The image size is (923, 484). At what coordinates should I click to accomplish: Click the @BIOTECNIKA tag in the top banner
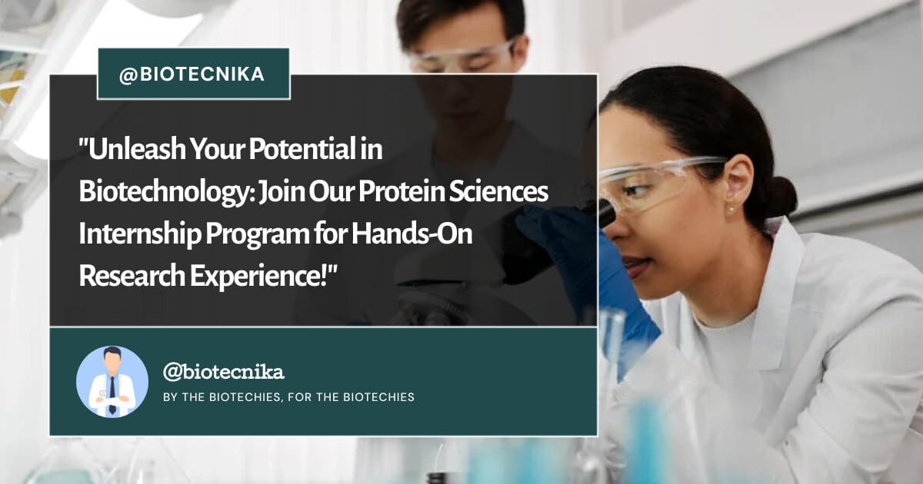click(x=192, y=75)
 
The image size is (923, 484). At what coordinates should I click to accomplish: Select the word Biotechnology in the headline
click(x=165, y=192)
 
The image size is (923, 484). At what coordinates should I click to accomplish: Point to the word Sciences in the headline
click(x=498, y=191)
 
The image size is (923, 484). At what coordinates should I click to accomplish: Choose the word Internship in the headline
click(x=139, y=234)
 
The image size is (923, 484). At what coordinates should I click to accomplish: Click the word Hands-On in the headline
click(x=412, y=234)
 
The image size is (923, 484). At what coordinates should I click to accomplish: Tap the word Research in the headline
click(x=132, y=276)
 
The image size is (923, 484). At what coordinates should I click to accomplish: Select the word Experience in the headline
click(x=255, y=277)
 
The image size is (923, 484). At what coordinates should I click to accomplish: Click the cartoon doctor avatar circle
click(x=112, y=382)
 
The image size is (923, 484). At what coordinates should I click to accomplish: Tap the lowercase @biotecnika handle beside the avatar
click(x=223, y=372)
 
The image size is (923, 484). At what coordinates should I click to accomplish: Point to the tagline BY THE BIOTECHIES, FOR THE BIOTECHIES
click(x=289, y=397)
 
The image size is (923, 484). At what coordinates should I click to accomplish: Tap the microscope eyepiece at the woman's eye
click(x=603, y=212)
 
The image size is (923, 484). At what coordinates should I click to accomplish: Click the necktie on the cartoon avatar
click(x=112, y=394)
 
